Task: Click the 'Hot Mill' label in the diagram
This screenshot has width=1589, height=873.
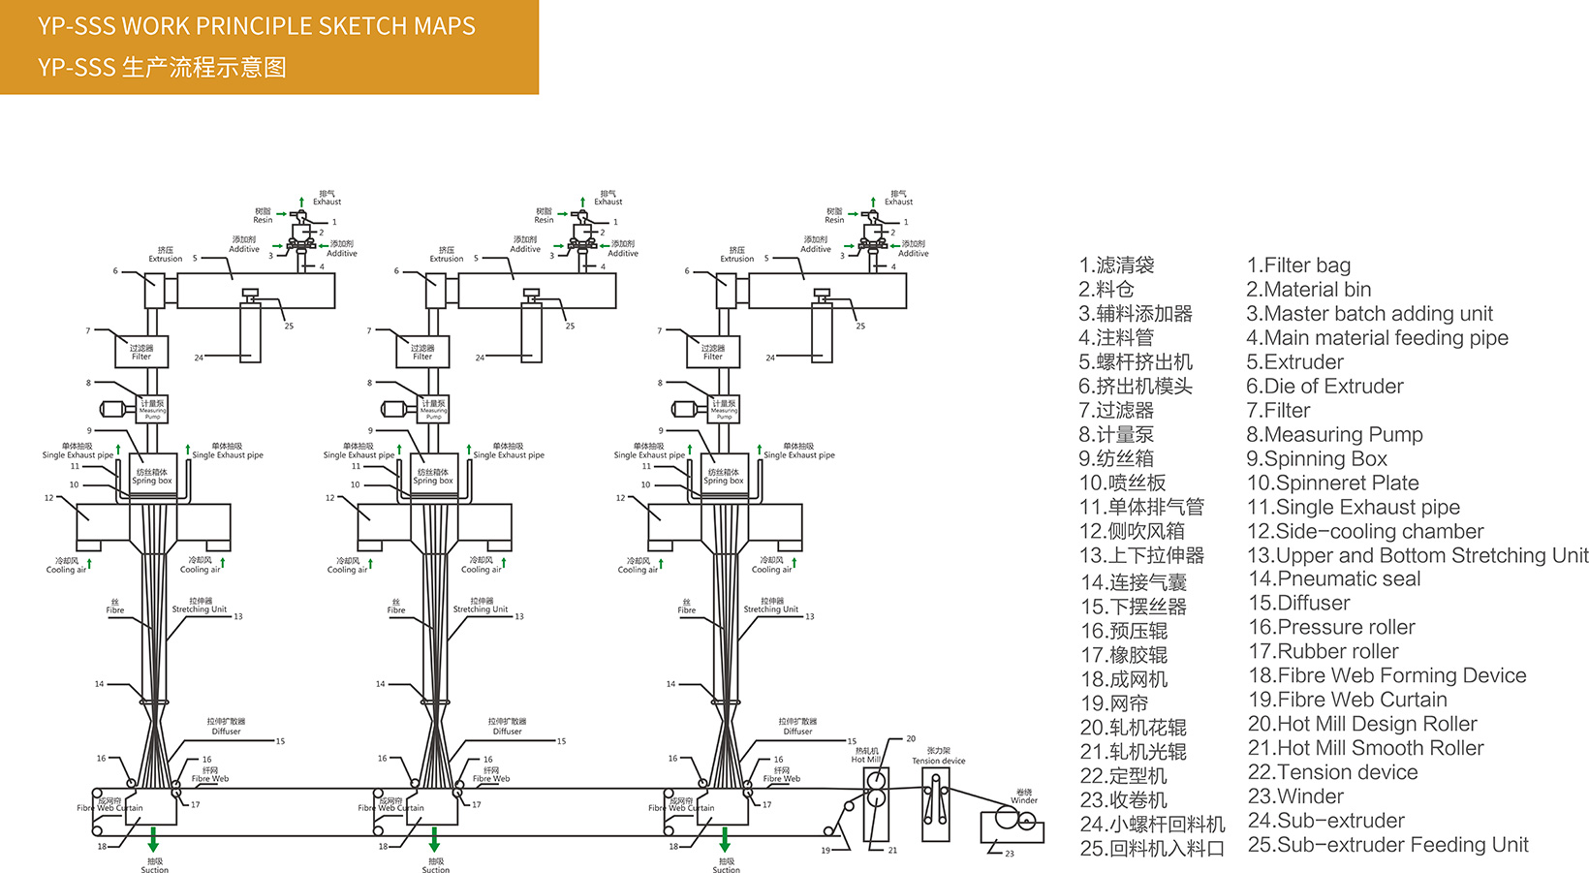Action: [865, 760]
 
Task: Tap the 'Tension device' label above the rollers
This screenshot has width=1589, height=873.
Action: [938, 761]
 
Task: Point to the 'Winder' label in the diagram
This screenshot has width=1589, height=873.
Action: [1024, 799]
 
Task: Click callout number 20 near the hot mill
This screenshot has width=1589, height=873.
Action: [911, 738]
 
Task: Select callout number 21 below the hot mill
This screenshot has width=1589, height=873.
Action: [892, 851]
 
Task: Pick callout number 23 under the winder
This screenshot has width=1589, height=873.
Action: [1010, 854]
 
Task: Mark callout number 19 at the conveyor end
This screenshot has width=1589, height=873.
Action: [826, 851]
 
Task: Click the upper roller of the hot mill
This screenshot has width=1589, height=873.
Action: [876, 781]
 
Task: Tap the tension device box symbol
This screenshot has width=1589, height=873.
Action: [935, 804]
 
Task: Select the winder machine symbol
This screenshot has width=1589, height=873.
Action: [1012, 823]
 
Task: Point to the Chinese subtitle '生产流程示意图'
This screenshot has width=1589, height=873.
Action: [204, 68]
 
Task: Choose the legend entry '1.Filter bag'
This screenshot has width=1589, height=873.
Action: [1298, 265]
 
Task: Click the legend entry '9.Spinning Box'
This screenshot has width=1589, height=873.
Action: [1317, 458]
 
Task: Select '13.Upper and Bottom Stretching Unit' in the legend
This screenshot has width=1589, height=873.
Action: [1418, 555]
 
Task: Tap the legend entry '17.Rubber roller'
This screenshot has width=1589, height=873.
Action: [1324, 651]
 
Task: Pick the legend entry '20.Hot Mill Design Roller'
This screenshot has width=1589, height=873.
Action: [1362, 724]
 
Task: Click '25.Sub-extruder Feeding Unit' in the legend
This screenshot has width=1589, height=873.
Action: [1387, 845]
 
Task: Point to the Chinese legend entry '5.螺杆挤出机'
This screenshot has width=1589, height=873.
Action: [1136, 361]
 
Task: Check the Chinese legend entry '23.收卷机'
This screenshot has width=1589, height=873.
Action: [1124, 800]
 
